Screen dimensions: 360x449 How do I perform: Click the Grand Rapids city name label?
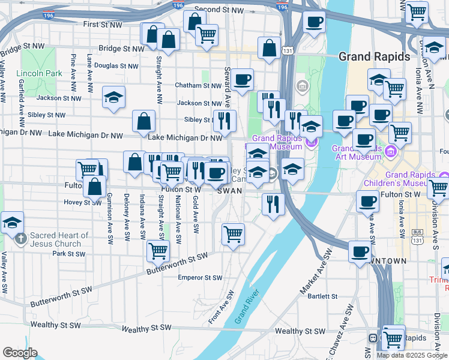click(374, 56)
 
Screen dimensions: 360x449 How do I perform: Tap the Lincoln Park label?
click(40, 73)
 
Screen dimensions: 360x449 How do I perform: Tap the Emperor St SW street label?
click(200, 278)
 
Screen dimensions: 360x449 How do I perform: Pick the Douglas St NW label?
click(116, 66)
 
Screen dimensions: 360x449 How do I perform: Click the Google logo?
click(19, 353)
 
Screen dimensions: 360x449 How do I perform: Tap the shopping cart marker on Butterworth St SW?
click(157, 250)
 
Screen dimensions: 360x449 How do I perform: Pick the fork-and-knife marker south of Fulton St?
click(273, 205)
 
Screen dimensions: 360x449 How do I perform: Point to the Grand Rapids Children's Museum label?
click(410, 179)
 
